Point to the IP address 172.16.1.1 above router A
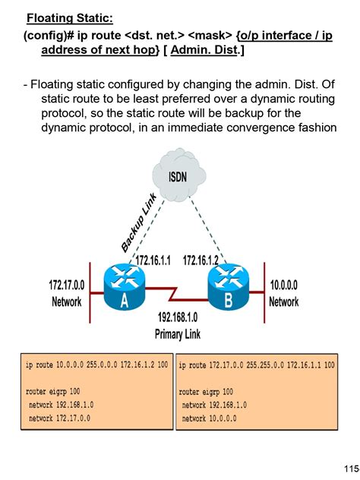tap(155, 261)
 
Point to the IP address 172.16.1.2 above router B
tap(201, 261)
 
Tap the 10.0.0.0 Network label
tap(283, 293)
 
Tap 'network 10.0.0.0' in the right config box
tap(209, 418)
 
